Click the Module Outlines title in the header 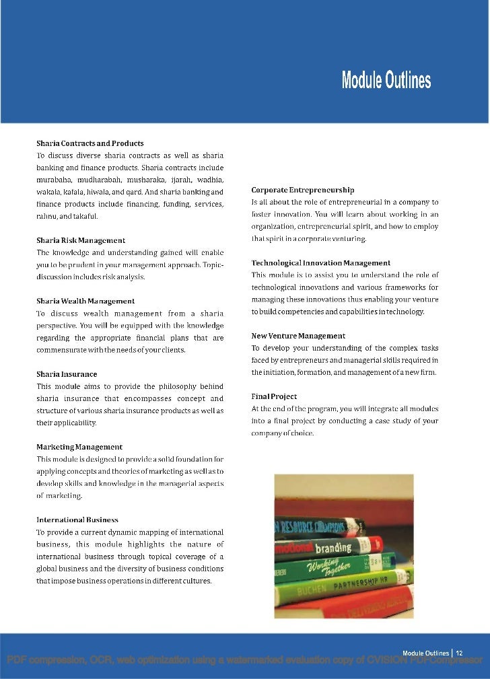point(386,81)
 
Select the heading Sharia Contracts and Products point(90,143)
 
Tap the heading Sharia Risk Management point(81,240)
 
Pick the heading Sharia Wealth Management point(85,301)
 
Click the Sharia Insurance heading point(67,373)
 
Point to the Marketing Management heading point(79,447)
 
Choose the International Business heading point(77,520)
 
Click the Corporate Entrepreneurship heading point(303,190)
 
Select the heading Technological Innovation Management point(321,262)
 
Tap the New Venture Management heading point(298,335)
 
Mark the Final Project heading point(274,396)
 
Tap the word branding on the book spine point(334,548)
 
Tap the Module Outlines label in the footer point(425,653)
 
